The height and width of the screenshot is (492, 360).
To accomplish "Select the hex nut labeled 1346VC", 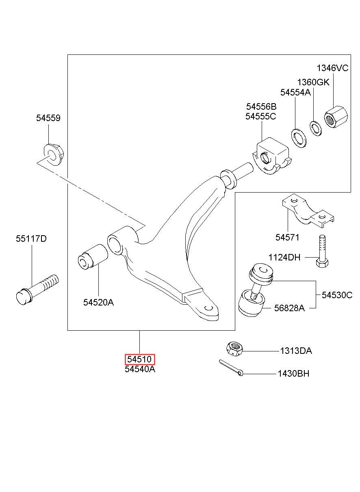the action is coord(336,117).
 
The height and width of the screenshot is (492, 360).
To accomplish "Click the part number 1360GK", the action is coord(313,82).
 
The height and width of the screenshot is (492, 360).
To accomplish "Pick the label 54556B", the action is coord(261,107).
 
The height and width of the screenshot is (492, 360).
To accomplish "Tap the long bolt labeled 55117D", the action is coord(37,290).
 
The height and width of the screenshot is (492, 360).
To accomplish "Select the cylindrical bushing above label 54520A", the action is coord(93,256).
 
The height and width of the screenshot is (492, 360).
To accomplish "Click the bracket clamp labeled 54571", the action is coord(308,211).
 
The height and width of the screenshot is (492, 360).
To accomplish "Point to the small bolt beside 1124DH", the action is coord(322,251).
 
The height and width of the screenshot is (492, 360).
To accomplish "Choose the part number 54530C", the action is coord(337,295).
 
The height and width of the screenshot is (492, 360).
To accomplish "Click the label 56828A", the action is coord(289,308).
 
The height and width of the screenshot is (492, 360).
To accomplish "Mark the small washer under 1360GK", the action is coord(316,128).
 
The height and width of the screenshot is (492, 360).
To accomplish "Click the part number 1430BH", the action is coord(293,374).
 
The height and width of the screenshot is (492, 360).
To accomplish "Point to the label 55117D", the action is coord(31,238).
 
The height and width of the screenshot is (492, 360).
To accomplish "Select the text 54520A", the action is coord(98,302).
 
